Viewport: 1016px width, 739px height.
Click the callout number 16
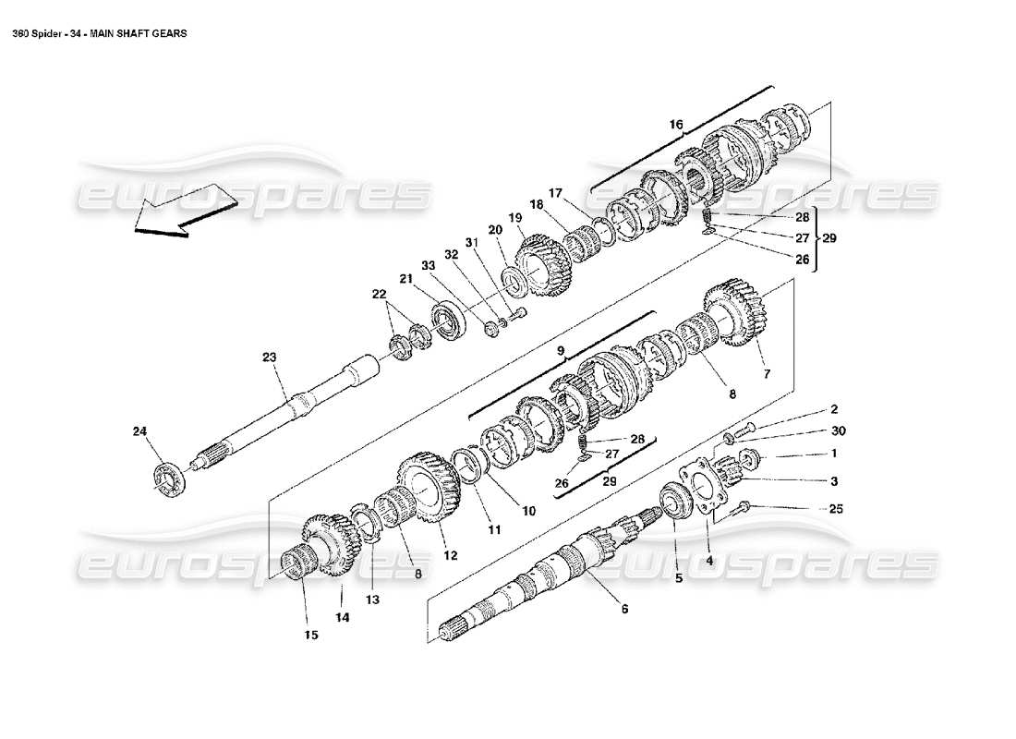677,124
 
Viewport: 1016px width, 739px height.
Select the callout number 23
269,357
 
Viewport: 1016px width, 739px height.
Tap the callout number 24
139,430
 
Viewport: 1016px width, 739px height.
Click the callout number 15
310,635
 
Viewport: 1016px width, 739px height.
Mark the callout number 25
836,509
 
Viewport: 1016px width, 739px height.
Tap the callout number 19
514,217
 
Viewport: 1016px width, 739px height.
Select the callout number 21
406,280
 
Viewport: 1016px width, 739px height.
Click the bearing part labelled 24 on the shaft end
167,479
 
